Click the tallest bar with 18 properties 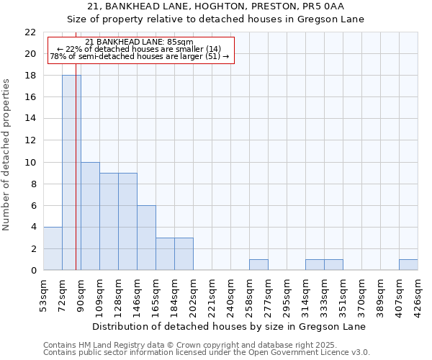pyautogui.click(x=71, y=173)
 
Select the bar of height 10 pyautogui.click(x=90, y=216)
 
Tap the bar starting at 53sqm pyautogui.click(x=53, y=248)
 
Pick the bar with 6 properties pyautogui.click(x=146, y=238)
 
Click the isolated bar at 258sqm pyautogui.click(x=258, y=265)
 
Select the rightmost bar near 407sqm pyautogui.click(x=408, y=265)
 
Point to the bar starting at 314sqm pyautogui.click(x=315, y=265)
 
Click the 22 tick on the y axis pyautogui.click(x=30, y=32)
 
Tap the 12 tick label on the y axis pyautogui.click(x=30, y=140)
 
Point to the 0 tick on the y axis pyautogui.click(x=33, y=271)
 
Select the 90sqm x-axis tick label pyautogui.click(x=81, y=292)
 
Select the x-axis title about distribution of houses pyautogui.click(x=230, y=326)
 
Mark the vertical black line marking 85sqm pyautogui.click(x=76, y=180)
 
